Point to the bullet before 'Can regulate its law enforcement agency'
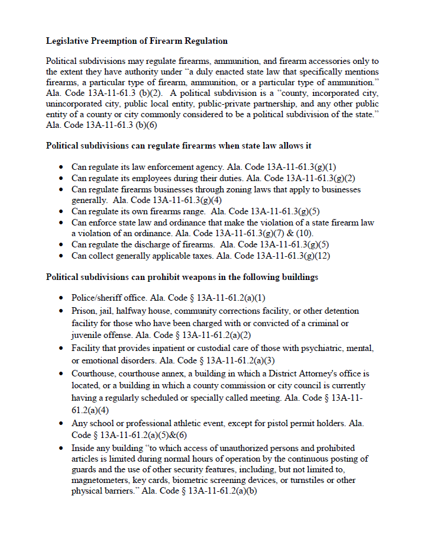coord(61,167)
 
